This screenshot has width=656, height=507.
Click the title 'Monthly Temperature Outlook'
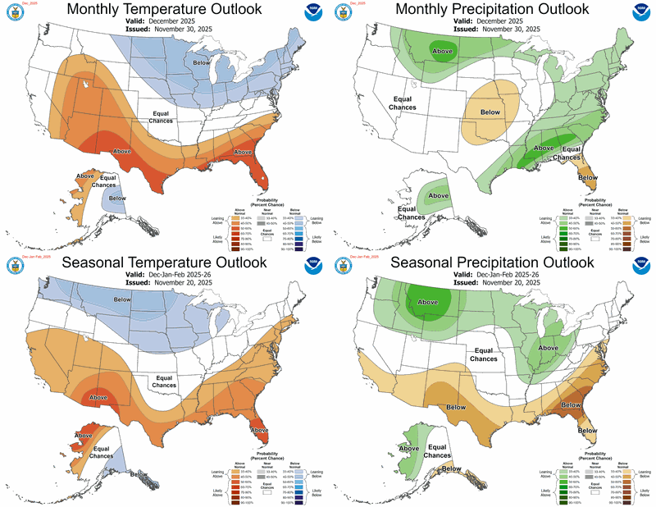[164, 9]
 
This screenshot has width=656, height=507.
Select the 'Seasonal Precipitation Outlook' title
[491, 263]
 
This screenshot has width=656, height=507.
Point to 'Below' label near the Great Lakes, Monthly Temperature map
[201, 62]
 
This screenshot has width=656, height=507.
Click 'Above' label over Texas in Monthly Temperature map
[122, 151]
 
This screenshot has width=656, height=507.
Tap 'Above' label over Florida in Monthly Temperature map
[243, 153]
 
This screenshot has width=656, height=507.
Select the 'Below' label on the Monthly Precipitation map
[490, 112]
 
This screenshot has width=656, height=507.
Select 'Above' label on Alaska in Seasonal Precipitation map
[408, 448]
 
